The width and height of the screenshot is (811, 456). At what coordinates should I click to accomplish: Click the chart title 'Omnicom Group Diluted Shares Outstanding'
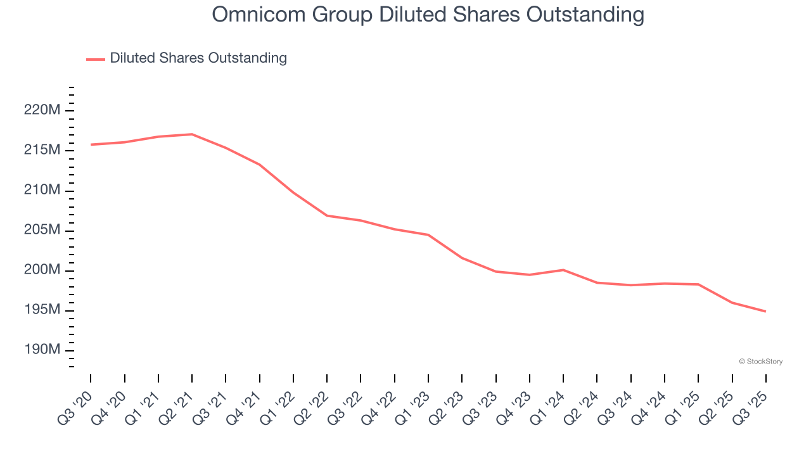428,15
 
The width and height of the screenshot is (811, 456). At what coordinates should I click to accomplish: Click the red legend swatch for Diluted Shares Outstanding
96,59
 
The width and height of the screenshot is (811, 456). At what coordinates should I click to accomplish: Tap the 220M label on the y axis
42,111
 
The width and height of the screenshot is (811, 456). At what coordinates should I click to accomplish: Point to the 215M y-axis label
42,151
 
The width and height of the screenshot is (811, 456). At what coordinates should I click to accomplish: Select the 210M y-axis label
42,191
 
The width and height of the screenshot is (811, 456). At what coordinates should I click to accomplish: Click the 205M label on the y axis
42,231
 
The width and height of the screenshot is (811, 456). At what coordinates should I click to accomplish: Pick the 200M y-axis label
42,270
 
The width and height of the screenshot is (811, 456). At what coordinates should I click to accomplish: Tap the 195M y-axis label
42,310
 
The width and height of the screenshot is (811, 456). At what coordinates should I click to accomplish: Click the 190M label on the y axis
42,350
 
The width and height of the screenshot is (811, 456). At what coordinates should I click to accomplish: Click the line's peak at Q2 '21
192,134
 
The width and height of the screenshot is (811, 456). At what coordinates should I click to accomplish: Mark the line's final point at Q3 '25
765,311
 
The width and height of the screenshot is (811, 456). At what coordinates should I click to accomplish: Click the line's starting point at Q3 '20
91,144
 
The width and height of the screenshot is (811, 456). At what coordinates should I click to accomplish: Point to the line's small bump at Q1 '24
563,270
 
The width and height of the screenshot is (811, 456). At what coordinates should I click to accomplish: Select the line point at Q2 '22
327,215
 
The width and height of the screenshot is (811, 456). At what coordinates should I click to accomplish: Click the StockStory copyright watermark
760,362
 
